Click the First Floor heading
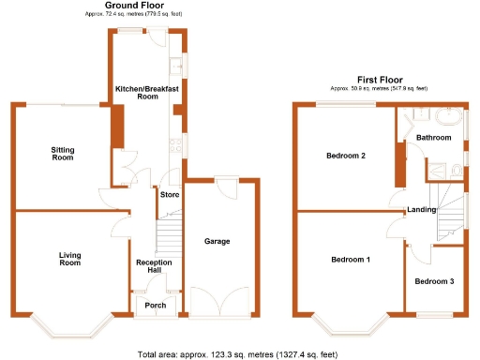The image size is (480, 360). (x=380, y=80)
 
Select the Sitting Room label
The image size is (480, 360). (x=62, y=153)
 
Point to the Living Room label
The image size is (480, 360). (x=70, y=260)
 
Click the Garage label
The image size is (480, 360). (x=217, y=241)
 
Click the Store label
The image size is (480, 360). (x=170, y=195)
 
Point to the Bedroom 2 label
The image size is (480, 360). (x=346, y=156)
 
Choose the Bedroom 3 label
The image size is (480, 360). (x=435, y=281)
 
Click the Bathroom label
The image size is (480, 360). (x=434, y=138)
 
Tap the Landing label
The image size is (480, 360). (x=421, y=209)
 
